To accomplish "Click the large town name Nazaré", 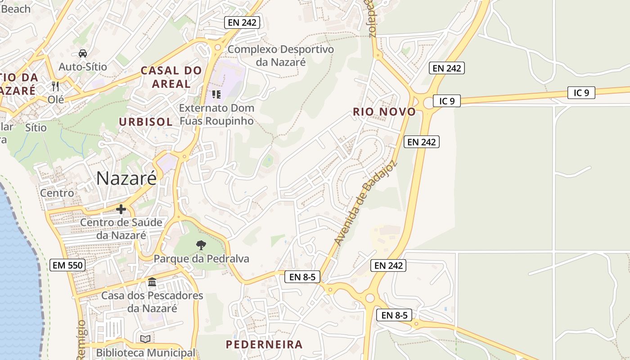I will coord(126,178).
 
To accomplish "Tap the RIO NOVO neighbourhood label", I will coord(384,112).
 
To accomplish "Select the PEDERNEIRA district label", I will coord(264,345).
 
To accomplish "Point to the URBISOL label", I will coord(146,122).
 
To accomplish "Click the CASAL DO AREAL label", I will coord(171,77).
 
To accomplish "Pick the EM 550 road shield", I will coord(67,265).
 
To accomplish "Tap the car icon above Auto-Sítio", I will coord(83,54).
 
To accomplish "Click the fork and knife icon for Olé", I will coord(56,86).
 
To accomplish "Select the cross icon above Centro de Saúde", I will coord(121,209).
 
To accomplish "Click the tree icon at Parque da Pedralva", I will coord(201,245).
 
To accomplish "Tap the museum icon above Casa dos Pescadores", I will coord(152,282).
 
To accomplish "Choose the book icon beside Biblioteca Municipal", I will coord(145,339).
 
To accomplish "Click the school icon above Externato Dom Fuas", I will coord(216,94).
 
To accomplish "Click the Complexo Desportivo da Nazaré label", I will coord(281,55).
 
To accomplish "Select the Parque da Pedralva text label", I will coord(201,259).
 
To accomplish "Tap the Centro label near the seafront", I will coord(57,193).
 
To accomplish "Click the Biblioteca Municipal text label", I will coord(146,353).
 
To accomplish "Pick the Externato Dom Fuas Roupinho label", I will coord(216,114).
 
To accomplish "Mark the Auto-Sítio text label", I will coord(83,67).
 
